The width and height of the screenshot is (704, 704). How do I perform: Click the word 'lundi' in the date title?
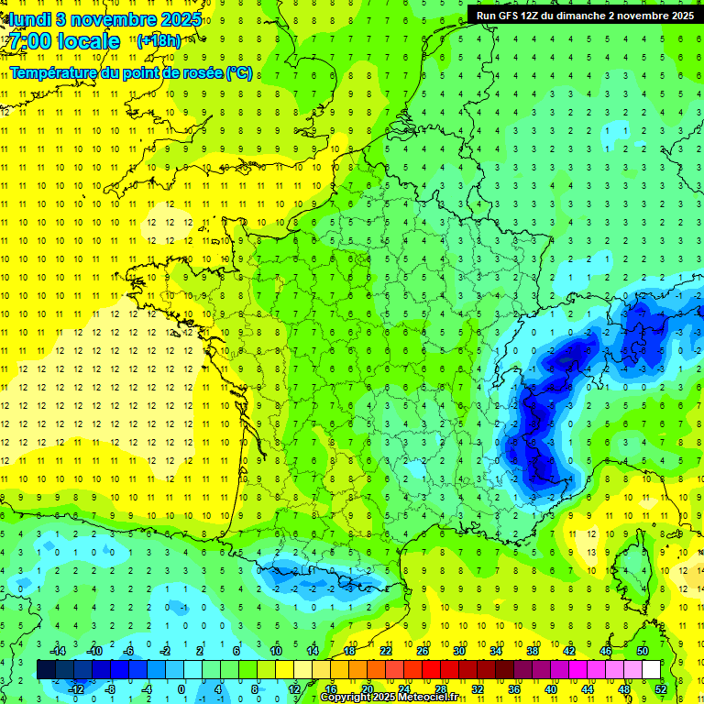[28, 18]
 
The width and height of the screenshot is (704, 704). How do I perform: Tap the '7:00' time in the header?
[30, 41]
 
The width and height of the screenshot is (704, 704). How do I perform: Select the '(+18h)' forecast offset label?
[159, 41]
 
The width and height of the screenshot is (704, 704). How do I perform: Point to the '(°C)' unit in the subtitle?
[239, 72]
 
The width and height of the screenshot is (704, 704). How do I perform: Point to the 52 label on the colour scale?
[661, 688]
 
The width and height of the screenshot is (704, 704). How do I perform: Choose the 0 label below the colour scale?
[181, 688]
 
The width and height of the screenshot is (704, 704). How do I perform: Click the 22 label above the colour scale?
[386, 651]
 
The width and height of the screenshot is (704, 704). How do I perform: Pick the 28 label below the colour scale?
[441, 688]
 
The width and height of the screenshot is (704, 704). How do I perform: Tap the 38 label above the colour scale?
[533, 651]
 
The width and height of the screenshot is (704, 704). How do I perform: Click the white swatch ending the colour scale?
[651, 669]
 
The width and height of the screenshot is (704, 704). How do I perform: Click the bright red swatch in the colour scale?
[432, 669]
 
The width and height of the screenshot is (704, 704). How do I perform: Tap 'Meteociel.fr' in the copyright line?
[428, 698]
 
